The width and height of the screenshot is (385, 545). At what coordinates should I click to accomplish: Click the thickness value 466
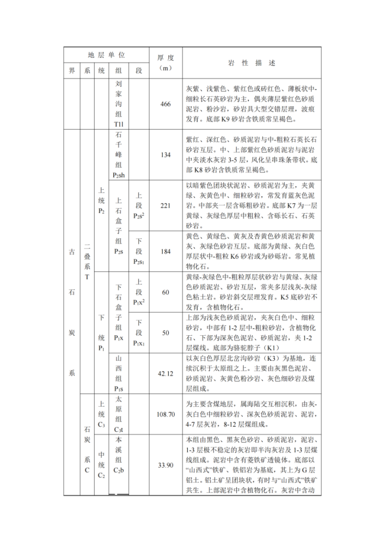[166, 104]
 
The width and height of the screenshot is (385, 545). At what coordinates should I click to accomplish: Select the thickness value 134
[166, 155]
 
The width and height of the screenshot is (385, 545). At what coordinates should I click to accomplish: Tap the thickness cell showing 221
[166, 205]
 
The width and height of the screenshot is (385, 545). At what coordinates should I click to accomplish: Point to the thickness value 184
[166, 251]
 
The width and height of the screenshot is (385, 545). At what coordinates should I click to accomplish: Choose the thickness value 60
[166, 293]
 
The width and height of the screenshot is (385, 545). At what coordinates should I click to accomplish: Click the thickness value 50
[166, 333]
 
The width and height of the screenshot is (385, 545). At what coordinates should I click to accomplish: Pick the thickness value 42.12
[166, 373]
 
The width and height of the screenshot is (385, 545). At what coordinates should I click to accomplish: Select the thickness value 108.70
[166, 414]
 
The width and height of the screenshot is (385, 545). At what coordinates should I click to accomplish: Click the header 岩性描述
[252, 63]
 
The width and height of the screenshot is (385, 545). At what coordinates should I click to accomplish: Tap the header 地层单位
[107, 55]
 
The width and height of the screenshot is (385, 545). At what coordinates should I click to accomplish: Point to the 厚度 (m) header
[166, 63]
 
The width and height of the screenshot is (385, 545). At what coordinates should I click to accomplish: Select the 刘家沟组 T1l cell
[119, 104]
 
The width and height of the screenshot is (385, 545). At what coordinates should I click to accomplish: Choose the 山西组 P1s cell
[119, 373]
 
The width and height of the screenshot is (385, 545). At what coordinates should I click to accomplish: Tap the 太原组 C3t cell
[119, 414]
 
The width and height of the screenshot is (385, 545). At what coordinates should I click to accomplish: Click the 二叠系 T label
[87, 262]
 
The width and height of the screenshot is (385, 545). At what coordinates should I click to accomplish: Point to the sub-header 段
[139, 71]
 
